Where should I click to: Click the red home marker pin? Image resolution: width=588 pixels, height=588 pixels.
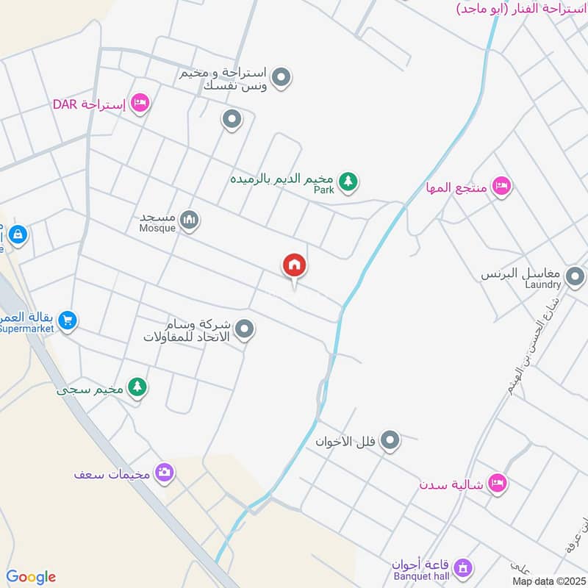coord(295,266)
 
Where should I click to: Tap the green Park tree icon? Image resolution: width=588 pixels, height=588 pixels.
coord(348,181)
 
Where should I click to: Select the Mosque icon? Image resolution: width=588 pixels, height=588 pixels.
coord(190,220)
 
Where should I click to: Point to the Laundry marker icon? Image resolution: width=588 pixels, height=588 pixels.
coord(576,277)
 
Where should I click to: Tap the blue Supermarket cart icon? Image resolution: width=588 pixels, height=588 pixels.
coord(68,320)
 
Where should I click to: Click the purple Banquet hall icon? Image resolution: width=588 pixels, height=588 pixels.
coord(462,567)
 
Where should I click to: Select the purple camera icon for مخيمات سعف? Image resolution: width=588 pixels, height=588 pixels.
coord(165,473)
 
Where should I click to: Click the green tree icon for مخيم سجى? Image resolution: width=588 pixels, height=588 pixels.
coord(137,387)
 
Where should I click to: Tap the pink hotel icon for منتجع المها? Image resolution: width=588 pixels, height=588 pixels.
coord(501,186)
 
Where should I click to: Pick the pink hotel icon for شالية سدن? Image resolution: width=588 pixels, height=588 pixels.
coord(498,483)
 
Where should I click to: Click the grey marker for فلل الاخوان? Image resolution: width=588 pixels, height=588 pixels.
coord(391,440)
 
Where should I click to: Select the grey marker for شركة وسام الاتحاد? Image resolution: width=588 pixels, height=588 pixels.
coord(244,329)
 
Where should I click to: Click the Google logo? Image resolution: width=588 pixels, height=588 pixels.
coord(31,577)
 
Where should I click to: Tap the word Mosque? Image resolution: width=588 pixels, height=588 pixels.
coord(158,228)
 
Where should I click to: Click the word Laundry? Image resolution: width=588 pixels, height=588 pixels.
coord(543,284)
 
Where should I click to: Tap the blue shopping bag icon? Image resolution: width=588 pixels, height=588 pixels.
coord(18,235)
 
